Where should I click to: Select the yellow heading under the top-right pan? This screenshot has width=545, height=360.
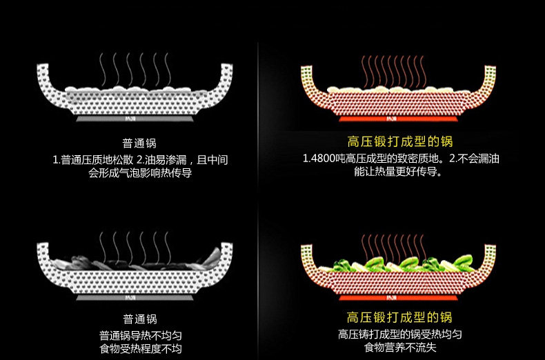coord(400,143)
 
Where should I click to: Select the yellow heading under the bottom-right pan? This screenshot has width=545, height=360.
coord(400,318)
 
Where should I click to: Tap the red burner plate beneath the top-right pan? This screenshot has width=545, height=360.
coord(400,120)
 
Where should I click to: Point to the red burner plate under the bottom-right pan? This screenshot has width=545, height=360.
coord(400,299)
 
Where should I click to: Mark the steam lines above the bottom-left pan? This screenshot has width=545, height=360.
coord(135,246)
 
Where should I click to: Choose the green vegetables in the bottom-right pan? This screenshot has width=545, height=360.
coord(400,264)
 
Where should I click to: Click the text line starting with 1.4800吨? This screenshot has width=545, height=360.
coord(401,159)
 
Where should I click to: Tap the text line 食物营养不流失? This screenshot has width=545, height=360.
coord(400,349)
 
